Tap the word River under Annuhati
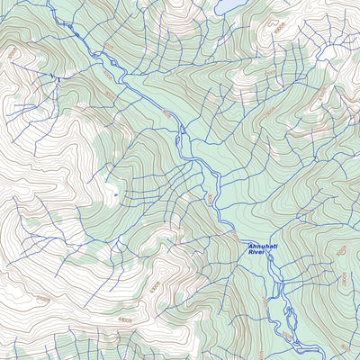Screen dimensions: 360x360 click(x=257, y=253)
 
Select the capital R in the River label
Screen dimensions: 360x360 click(x=250, y=253)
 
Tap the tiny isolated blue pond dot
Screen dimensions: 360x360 click(x=115, y=193)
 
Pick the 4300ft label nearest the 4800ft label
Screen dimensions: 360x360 click(x=155, y=289)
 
